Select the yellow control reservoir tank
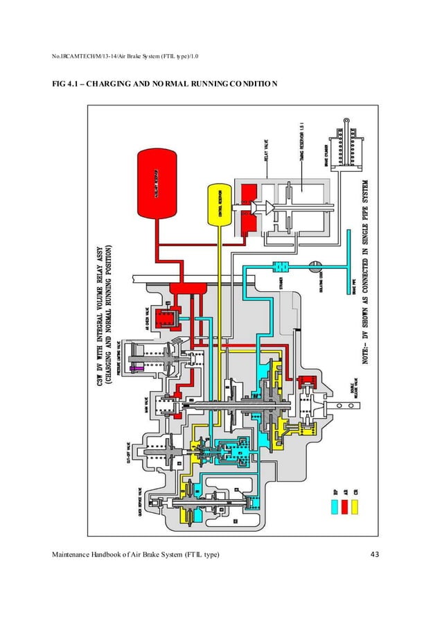pos(219,205)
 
